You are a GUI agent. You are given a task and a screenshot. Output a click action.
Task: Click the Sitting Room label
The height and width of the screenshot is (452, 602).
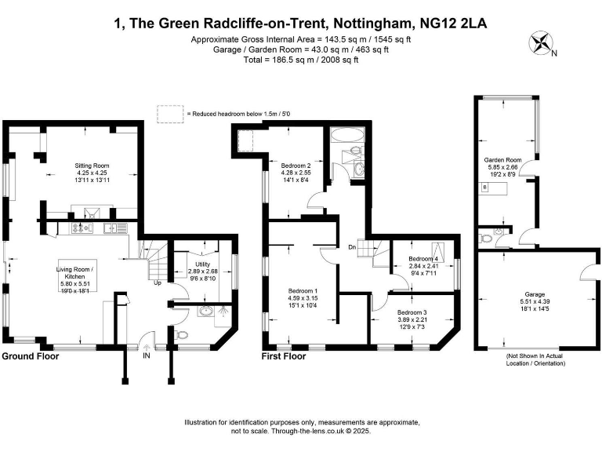tap(91, 166)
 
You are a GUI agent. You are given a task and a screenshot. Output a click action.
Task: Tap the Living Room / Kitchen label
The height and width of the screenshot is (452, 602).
tap(75, 274)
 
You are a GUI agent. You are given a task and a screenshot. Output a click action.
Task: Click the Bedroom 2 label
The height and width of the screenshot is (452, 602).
tap(296, 166)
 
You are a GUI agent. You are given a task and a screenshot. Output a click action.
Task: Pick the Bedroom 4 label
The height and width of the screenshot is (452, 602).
tap(422, 259)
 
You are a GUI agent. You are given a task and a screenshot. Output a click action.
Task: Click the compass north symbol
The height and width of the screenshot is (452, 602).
tap(540, 42)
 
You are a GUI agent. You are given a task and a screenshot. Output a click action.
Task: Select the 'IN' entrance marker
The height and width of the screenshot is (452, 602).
tap(146, 355)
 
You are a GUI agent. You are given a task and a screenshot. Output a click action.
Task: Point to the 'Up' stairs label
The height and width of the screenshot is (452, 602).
tap(158, 282)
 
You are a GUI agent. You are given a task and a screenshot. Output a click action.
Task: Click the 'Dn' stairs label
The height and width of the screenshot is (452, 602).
tap(354, 249)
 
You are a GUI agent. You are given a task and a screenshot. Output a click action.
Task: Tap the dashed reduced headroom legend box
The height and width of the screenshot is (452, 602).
tap(169, 114)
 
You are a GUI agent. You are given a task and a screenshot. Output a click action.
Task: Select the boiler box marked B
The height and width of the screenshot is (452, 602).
tap(484, 188)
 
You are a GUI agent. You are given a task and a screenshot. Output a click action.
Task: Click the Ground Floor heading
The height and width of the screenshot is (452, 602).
tap(32, 356)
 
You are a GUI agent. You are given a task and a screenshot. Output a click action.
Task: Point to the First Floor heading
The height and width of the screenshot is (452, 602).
tap(284, 356)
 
